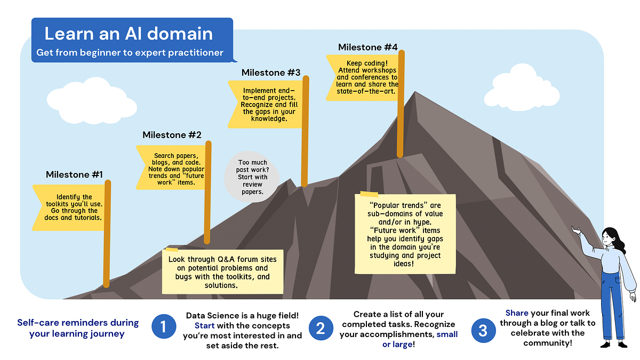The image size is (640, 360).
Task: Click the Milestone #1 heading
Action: tap(74, 174)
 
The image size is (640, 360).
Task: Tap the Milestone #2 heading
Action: tap(172, 134)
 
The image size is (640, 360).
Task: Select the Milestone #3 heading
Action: tap(271, 72)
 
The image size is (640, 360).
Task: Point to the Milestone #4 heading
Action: tap(367, 47)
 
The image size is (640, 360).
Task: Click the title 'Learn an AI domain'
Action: tap(129, 34)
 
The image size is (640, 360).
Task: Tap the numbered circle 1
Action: tap(164, 327)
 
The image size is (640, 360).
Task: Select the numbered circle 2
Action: tap(320, 328)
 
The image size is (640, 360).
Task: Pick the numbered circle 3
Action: tap(483, 331)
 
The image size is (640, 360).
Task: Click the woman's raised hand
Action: tap(575, 230)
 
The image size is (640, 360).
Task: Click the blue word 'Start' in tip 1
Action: tap(205, 325)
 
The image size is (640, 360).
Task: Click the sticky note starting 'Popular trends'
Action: tap(406, 234)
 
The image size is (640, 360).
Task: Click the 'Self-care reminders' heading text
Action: tap(77, 328)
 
